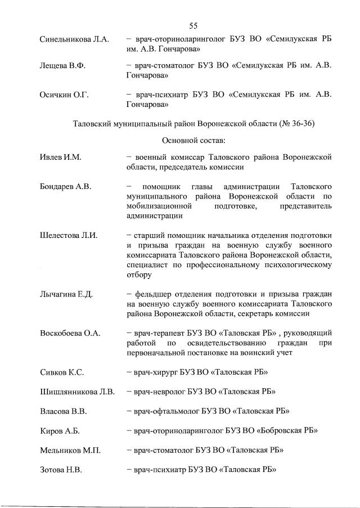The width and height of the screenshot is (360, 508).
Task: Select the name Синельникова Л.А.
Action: point(74,41)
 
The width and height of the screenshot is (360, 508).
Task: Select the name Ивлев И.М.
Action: point(61,158)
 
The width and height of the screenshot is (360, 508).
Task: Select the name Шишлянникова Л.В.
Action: point(78,392)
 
